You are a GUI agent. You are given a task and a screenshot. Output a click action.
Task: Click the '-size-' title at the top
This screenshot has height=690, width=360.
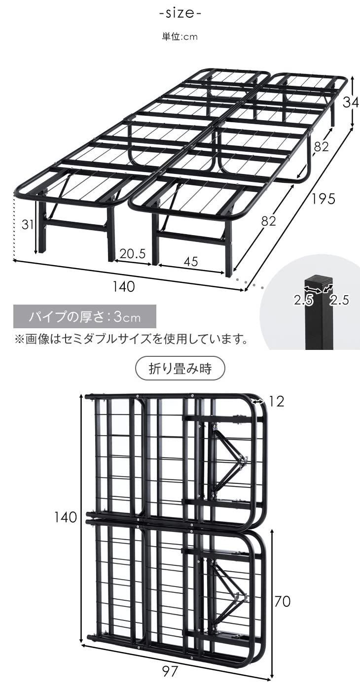[180, 13]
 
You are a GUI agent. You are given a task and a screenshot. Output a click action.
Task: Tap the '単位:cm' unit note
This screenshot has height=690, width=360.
[180, 37]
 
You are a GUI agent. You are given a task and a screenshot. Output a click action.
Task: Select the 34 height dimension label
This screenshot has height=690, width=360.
[350, 103]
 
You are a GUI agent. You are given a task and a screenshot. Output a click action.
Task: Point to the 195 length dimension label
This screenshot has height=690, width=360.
[323, 199]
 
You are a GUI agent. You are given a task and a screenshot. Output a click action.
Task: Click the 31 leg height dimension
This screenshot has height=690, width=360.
[28, 225]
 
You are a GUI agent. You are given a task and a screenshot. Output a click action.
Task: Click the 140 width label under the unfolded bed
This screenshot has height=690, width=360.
[123, 286]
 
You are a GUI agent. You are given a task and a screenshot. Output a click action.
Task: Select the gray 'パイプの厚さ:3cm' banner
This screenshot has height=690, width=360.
[85, 316]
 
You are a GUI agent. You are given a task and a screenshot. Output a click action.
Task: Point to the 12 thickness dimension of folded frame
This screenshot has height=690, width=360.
[277, 402]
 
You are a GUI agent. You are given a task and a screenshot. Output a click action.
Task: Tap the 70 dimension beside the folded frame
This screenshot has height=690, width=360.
[282, 601]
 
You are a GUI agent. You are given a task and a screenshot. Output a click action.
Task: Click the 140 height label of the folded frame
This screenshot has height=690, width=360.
[66, 517]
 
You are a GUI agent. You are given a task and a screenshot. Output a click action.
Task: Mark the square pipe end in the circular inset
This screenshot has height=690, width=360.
[319, 284]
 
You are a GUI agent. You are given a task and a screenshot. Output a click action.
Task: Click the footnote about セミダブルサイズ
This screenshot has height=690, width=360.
[131, 340]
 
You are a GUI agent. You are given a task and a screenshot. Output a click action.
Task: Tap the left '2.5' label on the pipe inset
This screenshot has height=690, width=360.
[304, 300]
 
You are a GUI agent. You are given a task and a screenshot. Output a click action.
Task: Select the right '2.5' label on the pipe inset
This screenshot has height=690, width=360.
[339, 300]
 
